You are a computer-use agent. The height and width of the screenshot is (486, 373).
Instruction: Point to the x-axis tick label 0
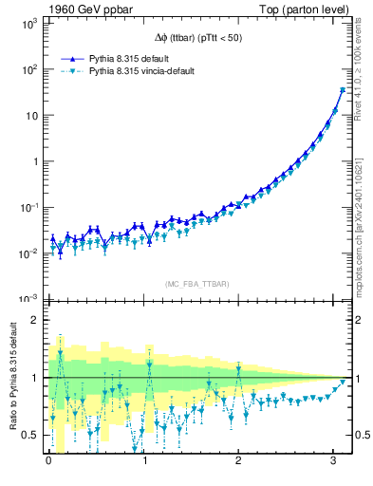[x=48, y=461]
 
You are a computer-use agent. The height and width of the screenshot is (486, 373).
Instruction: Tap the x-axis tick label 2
[x=239, y=461]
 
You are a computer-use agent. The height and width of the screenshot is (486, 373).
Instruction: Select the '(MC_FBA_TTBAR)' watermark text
[x=196, y=283]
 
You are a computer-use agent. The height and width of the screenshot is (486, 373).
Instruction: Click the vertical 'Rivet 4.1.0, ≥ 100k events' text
[x=362, y=77]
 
